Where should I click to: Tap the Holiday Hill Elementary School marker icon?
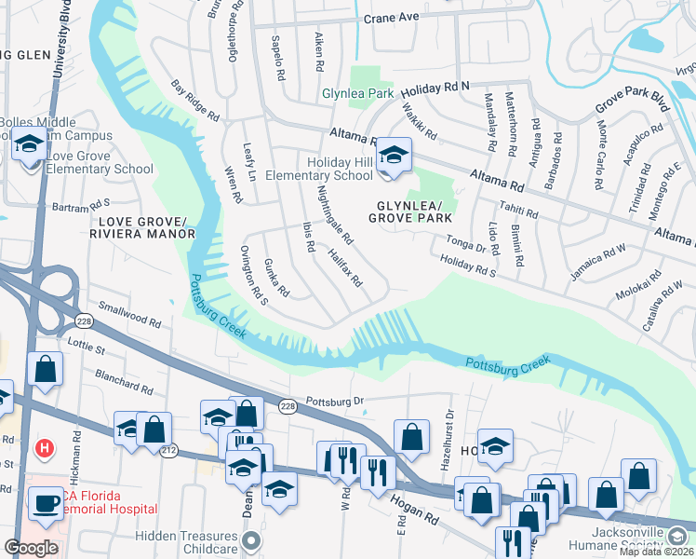coord(394,158)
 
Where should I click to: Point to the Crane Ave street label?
coord(392,17)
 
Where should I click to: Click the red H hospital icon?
coord(43,449)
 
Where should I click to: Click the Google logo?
coord(31,548)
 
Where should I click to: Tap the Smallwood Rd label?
coord(130,317)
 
